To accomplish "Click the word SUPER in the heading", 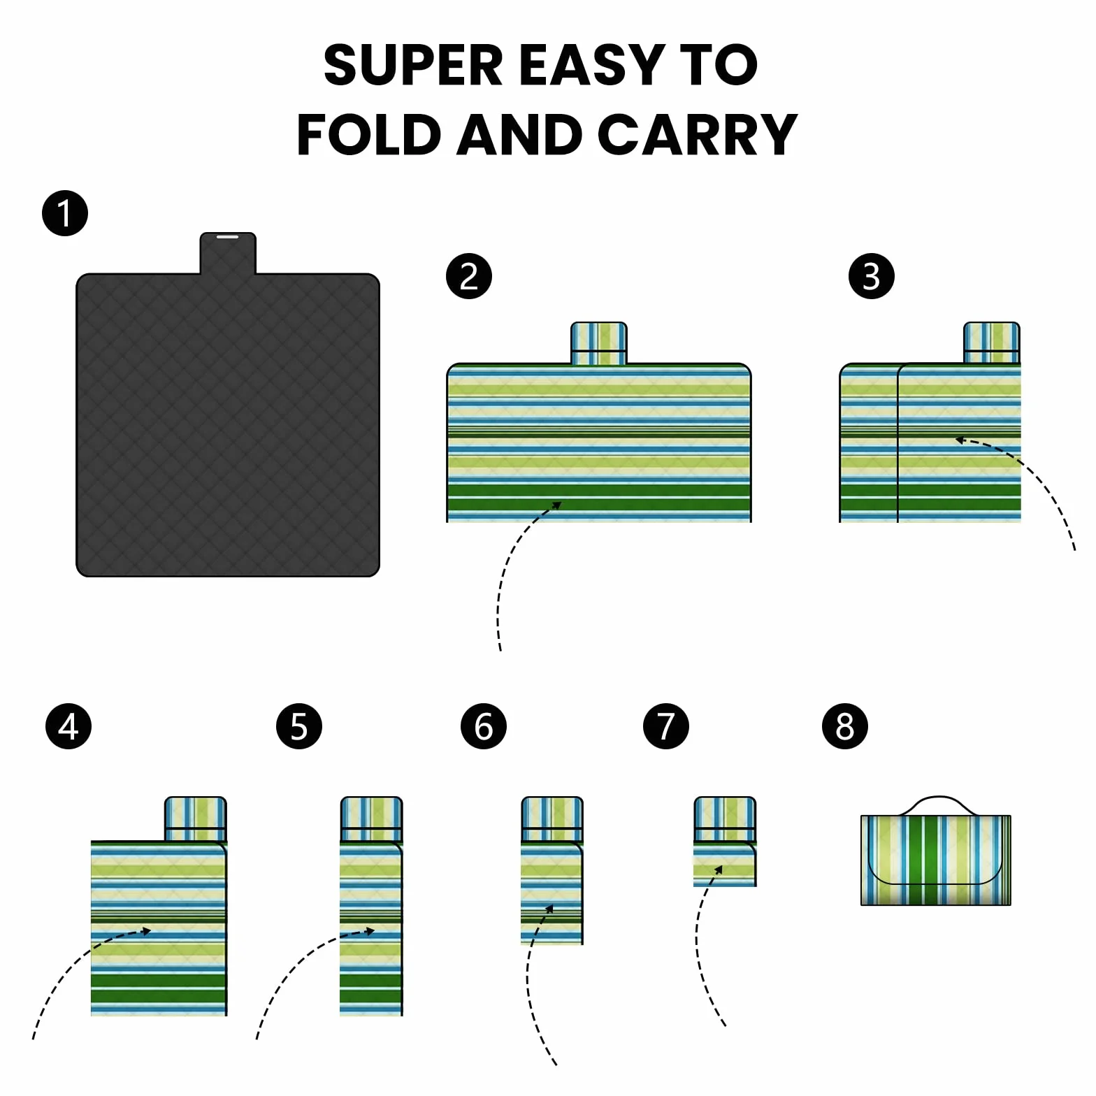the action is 413,65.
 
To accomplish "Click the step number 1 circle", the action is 65,213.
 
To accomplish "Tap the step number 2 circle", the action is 469,276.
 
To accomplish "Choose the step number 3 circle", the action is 872,276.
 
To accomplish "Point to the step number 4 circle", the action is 68,726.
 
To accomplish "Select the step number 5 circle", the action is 299,726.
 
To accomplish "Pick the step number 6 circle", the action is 484,726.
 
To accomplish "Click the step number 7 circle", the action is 666,726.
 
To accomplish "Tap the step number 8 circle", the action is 845,726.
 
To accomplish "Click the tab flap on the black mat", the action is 228,253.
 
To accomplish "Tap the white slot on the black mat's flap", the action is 228,237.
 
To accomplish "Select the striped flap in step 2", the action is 599,343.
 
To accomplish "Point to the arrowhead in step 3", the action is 960,440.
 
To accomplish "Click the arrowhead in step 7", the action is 719,870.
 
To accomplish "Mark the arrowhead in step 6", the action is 549,909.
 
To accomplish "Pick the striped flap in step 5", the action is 371,819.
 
